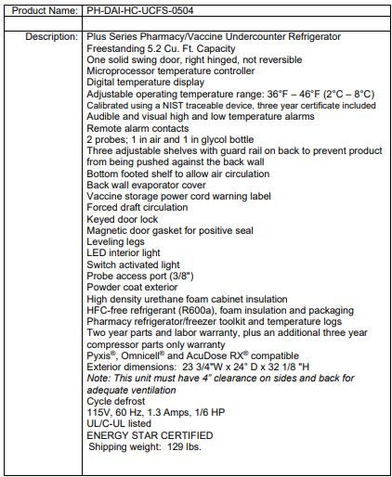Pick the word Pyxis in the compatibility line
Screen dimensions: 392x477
tap(101, 355)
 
